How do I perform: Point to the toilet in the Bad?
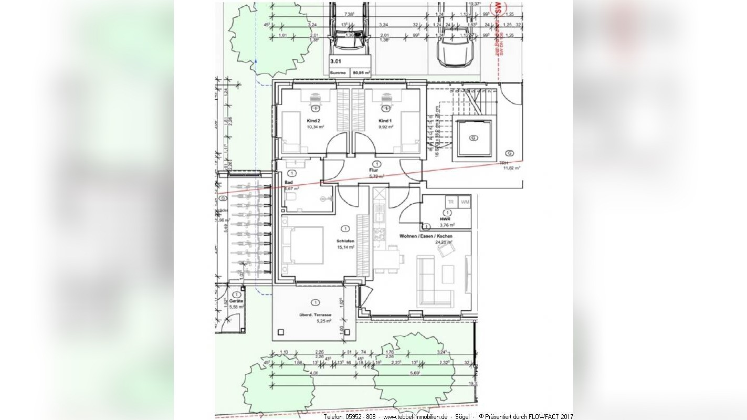[291, 197]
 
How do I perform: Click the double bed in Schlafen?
[302, 245]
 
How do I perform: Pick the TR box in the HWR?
[450, 202]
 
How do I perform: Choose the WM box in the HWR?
[465, 202]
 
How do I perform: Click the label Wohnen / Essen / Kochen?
[426, 236]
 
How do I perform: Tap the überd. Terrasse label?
[315, 314]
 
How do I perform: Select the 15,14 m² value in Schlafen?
[345, 247]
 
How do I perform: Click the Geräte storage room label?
[236, 301]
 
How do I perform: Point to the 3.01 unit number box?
[335, 61]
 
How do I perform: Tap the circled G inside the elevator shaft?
[474, 138]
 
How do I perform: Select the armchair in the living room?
[446, 251]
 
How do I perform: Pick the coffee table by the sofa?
[448, 274]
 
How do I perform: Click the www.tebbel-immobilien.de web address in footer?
[415, 416]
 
